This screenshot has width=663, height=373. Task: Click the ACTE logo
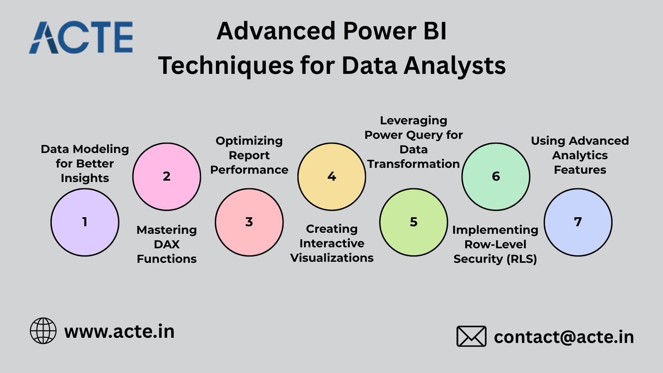coord(81,37)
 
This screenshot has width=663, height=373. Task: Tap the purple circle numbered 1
coord(85,222)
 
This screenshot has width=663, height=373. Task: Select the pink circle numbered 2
coord(167,177)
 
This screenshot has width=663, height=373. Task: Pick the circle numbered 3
coord(249,222)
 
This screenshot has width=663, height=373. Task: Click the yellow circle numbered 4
coord(331,177)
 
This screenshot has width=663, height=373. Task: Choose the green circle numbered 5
coord(414,222)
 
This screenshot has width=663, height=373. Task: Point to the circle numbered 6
coord(496,177)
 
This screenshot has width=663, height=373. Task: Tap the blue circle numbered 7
coord(578,222)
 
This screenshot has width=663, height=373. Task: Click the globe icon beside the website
coord(43,331)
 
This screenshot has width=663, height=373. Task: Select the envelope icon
coord(471,336)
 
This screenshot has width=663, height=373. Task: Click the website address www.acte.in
coord(119,332)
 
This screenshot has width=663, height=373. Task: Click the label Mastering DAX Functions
coord(167,244)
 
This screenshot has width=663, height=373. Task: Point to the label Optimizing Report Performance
coord(249,155)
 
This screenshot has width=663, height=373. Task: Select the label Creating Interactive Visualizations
coord(332,243)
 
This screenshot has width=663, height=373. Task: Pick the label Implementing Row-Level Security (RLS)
coord(495,244)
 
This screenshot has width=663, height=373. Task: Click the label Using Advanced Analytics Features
coord(580,155)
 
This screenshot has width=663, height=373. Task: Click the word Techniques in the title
coord(226,66)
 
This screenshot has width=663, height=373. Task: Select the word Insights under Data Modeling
coord(85,178)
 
